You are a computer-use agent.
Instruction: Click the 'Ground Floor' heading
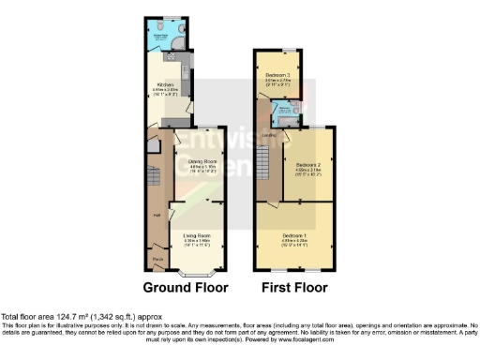(185, 288)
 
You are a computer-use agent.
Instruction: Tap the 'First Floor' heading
(293, 288)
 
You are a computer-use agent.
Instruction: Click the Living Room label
(196, 234)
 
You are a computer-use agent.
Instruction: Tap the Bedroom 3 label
(277, 74)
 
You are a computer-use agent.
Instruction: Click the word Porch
(157, 257)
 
